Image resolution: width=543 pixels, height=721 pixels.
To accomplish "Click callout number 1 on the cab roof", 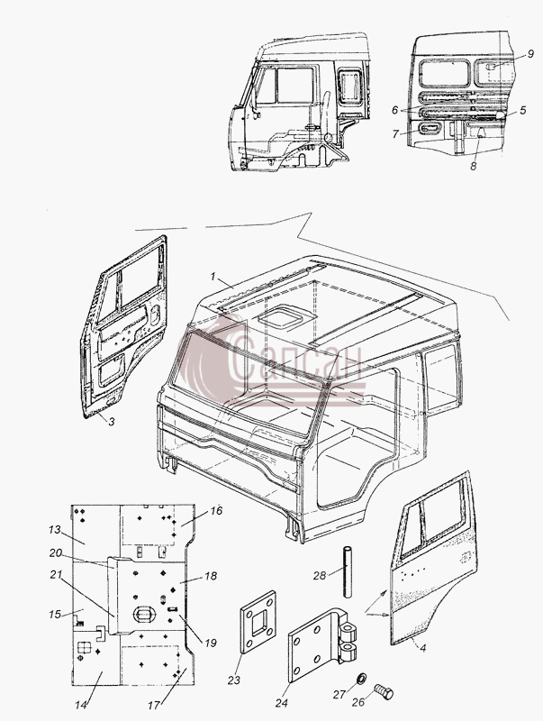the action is pos(213,277).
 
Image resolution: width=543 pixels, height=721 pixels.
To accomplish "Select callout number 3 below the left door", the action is pos(112,421).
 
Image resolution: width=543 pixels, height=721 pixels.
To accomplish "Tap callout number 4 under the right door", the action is pos(423,648).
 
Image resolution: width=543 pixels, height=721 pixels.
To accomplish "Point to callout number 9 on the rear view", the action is pos(530,54).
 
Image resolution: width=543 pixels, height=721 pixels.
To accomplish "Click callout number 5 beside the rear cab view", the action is pos(523,110).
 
